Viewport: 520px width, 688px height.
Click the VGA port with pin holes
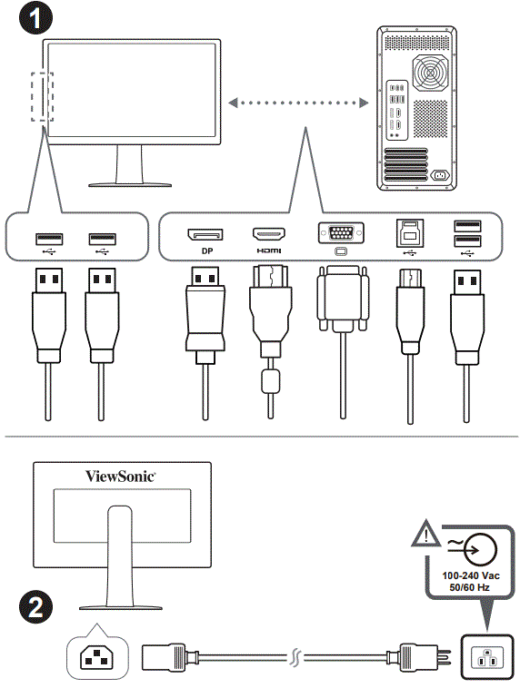(342, 233)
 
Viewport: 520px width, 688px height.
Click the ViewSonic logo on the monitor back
(121, 475)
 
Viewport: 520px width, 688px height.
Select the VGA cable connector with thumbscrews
(341, 300)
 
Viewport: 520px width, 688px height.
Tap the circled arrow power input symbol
(475, 548)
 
